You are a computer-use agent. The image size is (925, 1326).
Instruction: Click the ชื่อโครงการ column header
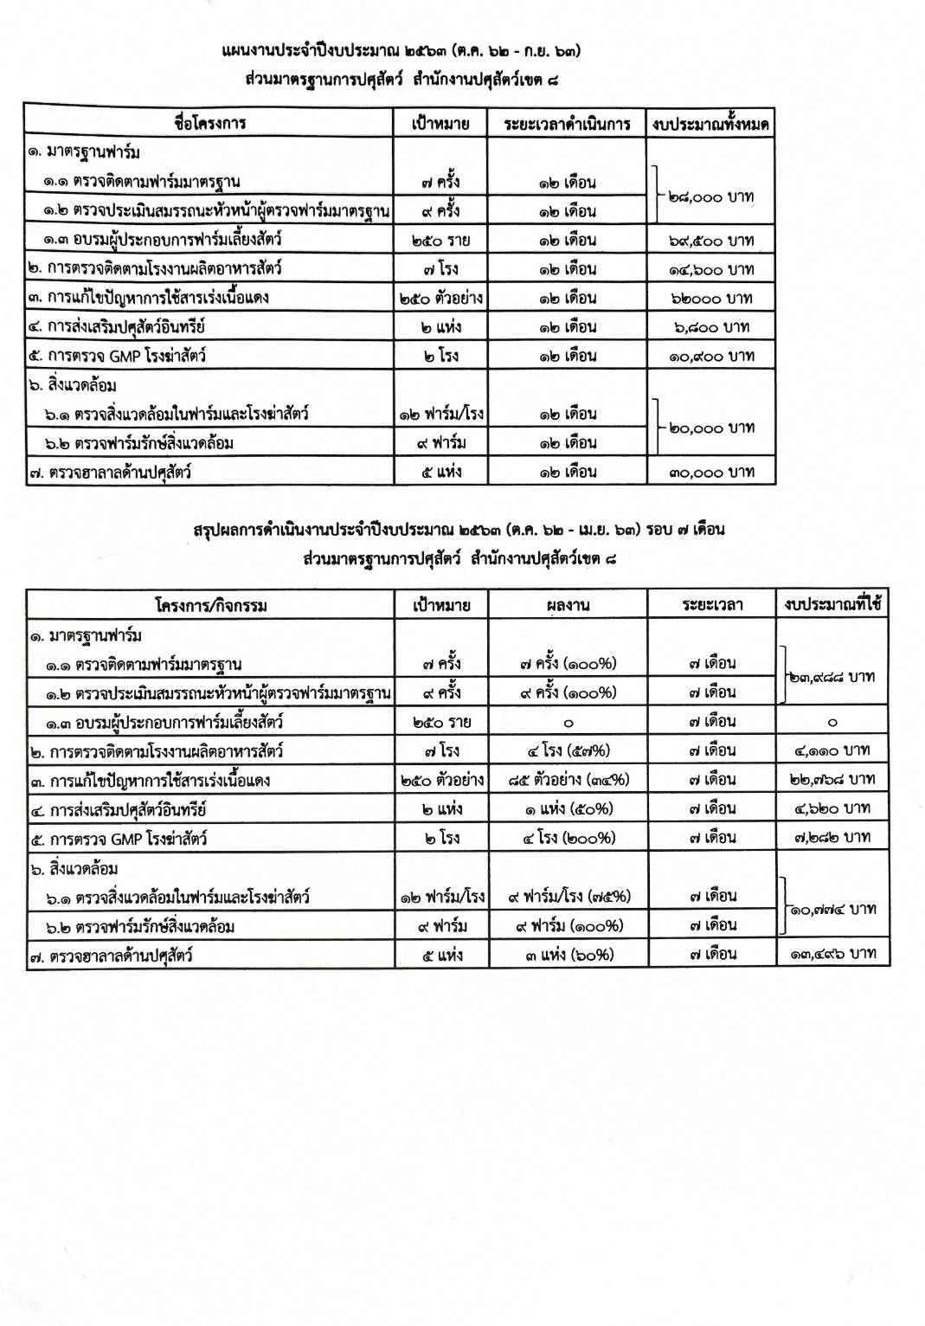tap(209, 123)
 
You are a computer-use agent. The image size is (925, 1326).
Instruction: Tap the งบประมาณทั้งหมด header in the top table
tap(711, 124)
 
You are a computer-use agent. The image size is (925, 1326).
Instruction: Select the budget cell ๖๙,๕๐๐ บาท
tap(711, 240)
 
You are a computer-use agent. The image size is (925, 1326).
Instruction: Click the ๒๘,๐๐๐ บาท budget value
tap(711, 197)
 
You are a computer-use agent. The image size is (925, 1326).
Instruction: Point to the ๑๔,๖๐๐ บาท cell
tap(711, 269)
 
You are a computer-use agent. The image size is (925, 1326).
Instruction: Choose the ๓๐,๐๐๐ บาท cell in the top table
tap(711, 472)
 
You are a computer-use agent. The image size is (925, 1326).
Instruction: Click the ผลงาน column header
tap(568, 605)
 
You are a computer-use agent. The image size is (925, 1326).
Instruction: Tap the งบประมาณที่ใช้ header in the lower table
tap(832, 605)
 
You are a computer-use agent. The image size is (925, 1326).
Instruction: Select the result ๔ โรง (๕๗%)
tap(568, 750)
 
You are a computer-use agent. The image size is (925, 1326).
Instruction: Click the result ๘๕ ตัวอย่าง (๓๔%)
tap(568, 780)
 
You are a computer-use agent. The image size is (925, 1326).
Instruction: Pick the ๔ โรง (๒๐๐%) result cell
tap(568, 838)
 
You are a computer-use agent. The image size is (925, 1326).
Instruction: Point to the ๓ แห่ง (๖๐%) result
tap(568, 954)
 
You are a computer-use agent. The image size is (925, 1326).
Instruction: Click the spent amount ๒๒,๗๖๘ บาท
tap(832, 780)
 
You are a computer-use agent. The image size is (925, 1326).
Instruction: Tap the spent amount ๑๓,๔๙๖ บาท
tap(832, 954)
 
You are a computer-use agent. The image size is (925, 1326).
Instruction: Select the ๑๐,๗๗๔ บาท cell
tap(832, 910)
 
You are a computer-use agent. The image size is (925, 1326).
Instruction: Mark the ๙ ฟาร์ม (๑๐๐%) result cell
tap(568, 925)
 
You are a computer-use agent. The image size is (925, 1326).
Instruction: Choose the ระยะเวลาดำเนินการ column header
tap(567, 124)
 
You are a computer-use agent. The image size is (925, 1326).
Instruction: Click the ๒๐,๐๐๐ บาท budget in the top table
tap(711, 428)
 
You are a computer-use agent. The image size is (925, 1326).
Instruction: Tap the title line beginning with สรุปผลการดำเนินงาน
tap(459, 529)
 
